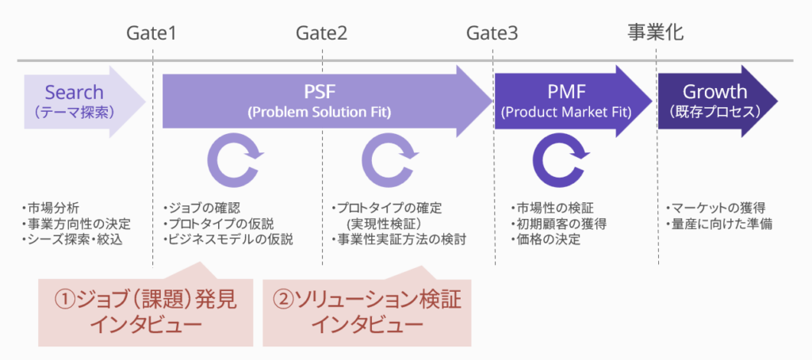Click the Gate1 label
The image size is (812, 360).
coord(151,33)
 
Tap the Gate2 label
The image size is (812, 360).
coord(322,33)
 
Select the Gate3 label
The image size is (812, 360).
coord(492,33)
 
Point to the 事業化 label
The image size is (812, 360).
coord(656,33)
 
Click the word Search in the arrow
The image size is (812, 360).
coord(74,92)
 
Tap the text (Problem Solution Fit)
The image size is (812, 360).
coord(320,113)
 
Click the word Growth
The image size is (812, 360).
coord(714,92)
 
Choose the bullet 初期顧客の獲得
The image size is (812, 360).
coord(559,224)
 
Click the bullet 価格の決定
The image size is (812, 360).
coord(546,239)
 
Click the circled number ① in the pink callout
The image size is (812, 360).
coord(64,300)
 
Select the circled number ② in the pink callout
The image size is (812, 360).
coord(285,300)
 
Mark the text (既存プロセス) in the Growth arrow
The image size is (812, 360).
coord(714,113)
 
